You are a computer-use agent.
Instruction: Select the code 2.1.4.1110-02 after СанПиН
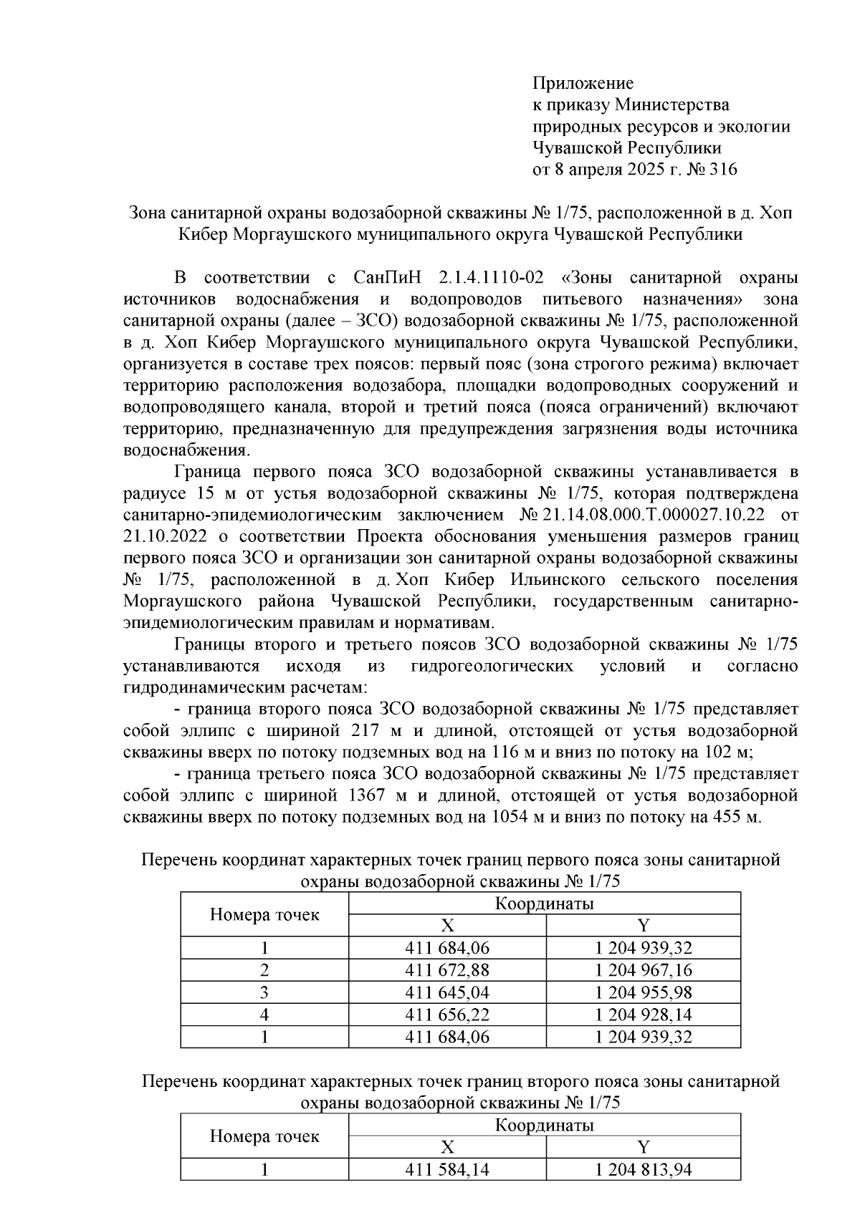point(493,277)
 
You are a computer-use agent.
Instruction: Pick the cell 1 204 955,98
point(643,993)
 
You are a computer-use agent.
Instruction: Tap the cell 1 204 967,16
point(643,971)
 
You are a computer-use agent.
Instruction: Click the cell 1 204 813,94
point(643,1171)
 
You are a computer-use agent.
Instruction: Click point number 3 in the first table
point(264,993)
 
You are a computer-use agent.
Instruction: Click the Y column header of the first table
point(643,926)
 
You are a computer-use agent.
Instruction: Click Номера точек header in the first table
point(264,914)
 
